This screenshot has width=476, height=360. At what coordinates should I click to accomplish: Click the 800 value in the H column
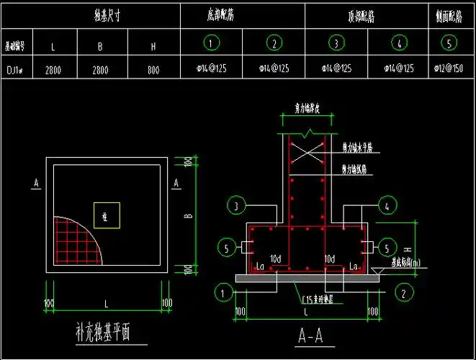point(153,69)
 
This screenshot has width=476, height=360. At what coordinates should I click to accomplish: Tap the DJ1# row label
point(16,69)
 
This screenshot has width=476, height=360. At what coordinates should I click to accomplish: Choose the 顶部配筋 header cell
point(360,16)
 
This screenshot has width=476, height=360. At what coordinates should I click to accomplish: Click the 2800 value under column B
point(102,69)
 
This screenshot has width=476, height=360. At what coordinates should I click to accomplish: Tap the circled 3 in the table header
point(336,43)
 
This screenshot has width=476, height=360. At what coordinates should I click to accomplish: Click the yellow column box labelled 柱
point(105,215)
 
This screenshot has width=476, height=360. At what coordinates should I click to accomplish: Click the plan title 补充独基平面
point(104,332)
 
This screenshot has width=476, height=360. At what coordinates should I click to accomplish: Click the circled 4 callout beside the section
point(387,206)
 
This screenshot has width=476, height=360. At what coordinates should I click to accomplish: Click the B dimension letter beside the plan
point(187,215)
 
